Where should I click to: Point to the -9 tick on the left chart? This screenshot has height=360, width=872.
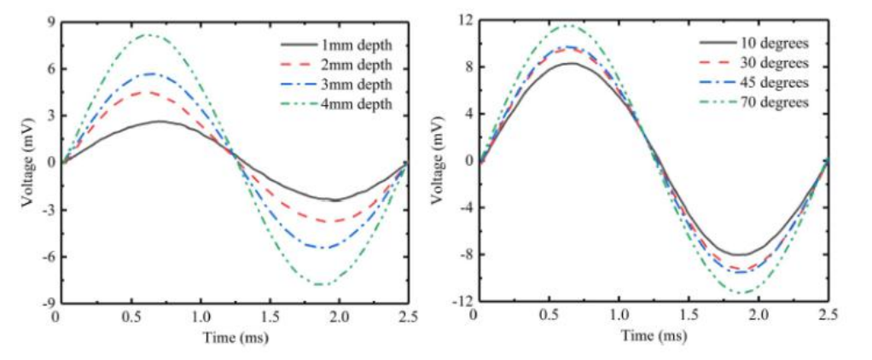click(47, 303)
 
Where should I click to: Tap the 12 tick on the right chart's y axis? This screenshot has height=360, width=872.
click(466, 20)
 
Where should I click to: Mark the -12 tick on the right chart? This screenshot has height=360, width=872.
click(462, 301)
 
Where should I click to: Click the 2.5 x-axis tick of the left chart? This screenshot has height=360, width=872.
click(407, 316)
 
